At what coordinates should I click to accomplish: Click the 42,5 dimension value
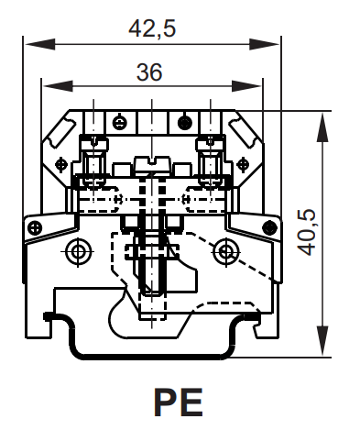click(152, 28)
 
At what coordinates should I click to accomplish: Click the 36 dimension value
click(149, 72)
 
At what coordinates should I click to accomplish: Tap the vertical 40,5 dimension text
click(306, 232)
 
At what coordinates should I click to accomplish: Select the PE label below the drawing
click(179, 402)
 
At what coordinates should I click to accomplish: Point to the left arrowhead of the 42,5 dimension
click(40, 44)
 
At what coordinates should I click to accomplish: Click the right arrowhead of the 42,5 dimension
click(265, 44)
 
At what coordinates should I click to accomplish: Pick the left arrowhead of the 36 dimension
click(58, 86)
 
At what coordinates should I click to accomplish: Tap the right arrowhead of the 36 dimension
click(246, 86)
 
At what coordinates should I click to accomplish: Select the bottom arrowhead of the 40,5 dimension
click(322, 341)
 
